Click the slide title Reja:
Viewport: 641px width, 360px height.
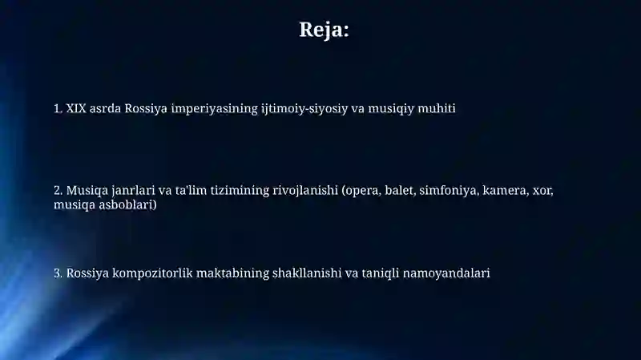click(324, 30)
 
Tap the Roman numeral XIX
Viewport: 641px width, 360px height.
click(76, 108)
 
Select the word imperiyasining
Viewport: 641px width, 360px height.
click(214, 108)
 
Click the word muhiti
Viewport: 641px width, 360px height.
click(437, 108)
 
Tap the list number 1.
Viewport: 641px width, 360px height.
click(57, 108)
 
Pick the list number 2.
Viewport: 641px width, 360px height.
click(57, 191)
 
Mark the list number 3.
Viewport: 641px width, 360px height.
click(57, 273)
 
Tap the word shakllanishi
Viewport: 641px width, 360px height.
click(301, 273)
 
